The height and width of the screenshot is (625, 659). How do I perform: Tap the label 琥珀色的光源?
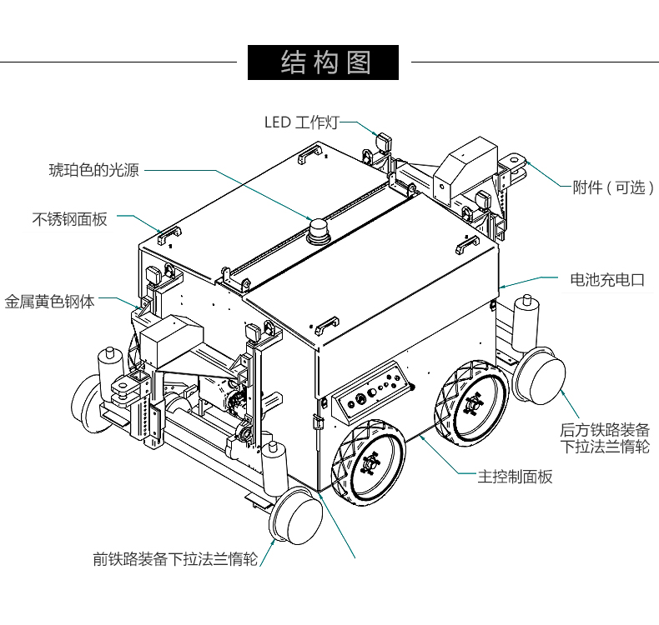[94, 170]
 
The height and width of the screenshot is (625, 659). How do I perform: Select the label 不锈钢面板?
[70, 219]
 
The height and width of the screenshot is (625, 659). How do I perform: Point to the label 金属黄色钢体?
[50, 301]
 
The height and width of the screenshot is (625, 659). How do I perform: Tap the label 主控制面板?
[515, 477]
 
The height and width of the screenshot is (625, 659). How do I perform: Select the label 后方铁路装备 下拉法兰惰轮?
[604, 438]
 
